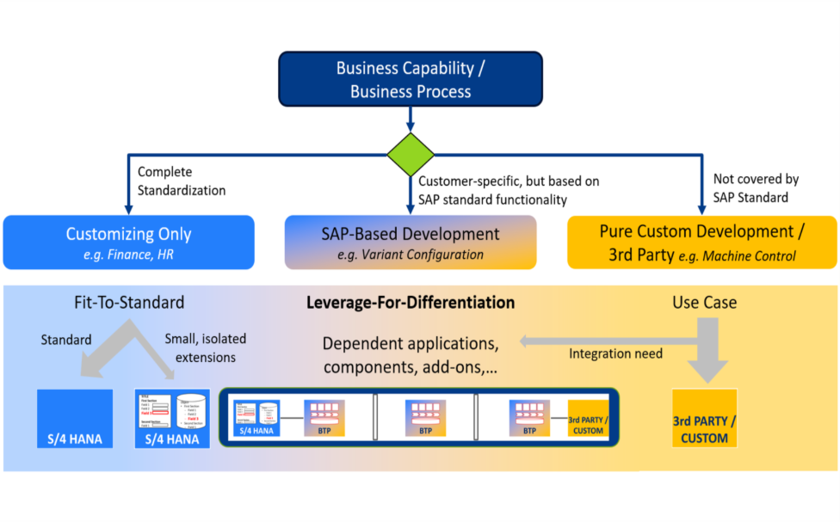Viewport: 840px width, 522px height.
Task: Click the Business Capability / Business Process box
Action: pos(410,80)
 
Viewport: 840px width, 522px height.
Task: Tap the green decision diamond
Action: pos(411,156)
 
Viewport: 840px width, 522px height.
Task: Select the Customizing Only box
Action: pos(128,242)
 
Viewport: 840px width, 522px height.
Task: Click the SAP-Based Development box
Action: pos(411,242)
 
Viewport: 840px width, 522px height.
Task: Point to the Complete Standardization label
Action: pos(181,181)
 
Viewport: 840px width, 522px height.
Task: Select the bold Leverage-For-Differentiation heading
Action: pos(411,303)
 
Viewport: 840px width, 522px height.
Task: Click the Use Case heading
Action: pos(704,303)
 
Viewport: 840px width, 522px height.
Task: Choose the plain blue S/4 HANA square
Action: pos(75,418)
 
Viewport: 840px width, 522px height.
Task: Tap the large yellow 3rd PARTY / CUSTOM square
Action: pos(704,418)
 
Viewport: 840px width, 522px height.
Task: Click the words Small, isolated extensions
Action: pos(204,347)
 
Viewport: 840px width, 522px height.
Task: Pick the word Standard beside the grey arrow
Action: pos(66,340)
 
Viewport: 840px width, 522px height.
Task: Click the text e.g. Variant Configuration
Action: pos(410,255)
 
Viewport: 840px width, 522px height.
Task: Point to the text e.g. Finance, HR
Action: pos(128,255)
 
